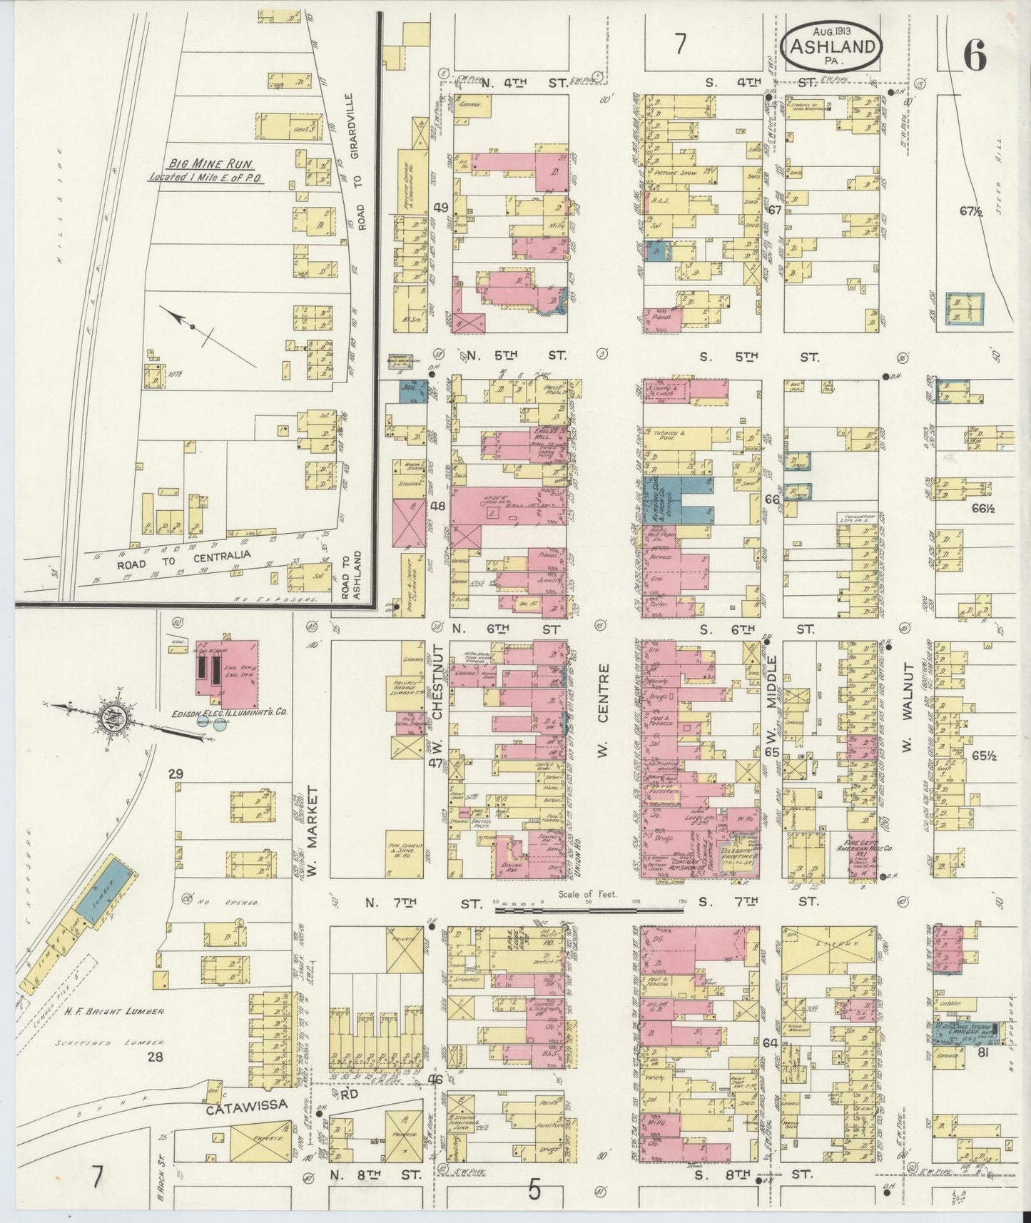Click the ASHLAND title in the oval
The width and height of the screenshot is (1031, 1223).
[832, 47]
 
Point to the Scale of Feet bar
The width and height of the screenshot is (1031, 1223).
[589, 908]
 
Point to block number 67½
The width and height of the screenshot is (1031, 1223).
[972, 210]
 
